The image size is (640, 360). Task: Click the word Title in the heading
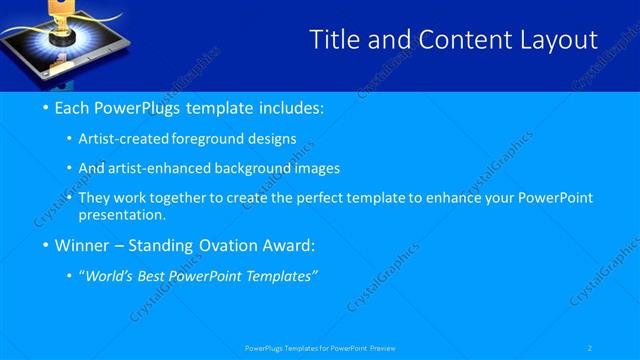click(335, 40)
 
